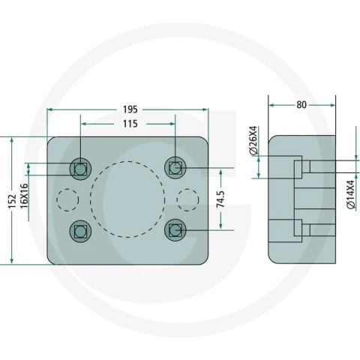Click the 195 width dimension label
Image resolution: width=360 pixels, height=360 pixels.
(x=130, y=109)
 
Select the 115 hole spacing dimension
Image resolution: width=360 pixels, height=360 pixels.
(x=130, y=124)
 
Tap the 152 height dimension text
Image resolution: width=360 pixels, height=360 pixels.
(x=12, y=201)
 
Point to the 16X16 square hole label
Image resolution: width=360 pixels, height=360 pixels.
(x=24, y=196)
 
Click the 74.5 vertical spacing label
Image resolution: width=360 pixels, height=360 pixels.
(x=220, y=199)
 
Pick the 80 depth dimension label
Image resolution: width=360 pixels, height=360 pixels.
(x=301, y=105)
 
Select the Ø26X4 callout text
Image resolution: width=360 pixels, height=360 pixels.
(x=253, y=141)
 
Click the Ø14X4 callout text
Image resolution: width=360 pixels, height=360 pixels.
(x=351, y=194)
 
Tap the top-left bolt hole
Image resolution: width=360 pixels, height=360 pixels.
(x=80, y=169)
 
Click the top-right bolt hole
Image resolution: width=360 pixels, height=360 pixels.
(x=175, y=168)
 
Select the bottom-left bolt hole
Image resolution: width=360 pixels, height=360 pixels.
(x=80, y=231)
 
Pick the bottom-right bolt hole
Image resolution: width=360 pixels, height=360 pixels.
(x=175, y=230)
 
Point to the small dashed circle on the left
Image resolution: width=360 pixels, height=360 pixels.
(x=56, y=200)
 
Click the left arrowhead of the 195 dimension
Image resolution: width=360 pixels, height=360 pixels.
(x=49, y=109)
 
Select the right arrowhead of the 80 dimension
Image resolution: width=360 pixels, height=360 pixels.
(x=333, y=105)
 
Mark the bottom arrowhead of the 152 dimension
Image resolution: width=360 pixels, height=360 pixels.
(x=12, y=261)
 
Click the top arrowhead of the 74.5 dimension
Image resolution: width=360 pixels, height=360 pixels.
(x=220, y=172)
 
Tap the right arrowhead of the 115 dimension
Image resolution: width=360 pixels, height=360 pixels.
(x=172, y=124)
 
